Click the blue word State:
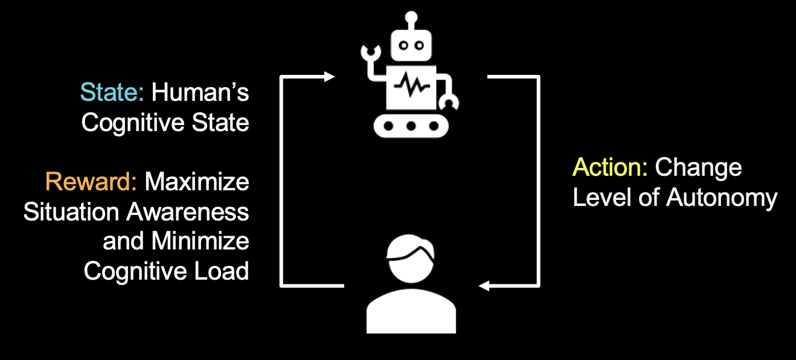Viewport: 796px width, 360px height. [x=112, y=93]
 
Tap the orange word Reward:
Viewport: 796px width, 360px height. [x=91, y=182]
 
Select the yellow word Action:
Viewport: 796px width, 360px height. [x=610, y=167]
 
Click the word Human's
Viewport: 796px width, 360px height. [x=200, y=93]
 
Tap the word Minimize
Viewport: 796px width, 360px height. [x=200, y=241]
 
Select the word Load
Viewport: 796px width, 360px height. [x=223, y=271]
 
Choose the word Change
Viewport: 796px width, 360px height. [x=698, y=167]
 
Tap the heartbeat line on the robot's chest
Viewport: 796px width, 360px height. [x=411, y=88]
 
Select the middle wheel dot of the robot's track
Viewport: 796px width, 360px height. [x=411, y=126]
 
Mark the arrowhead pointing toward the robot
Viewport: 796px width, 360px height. [x=329, y=77]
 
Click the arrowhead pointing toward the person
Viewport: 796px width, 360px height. [x=484, y=285]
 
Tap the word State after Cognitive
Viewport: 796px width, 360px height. [x=218, y=123]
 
